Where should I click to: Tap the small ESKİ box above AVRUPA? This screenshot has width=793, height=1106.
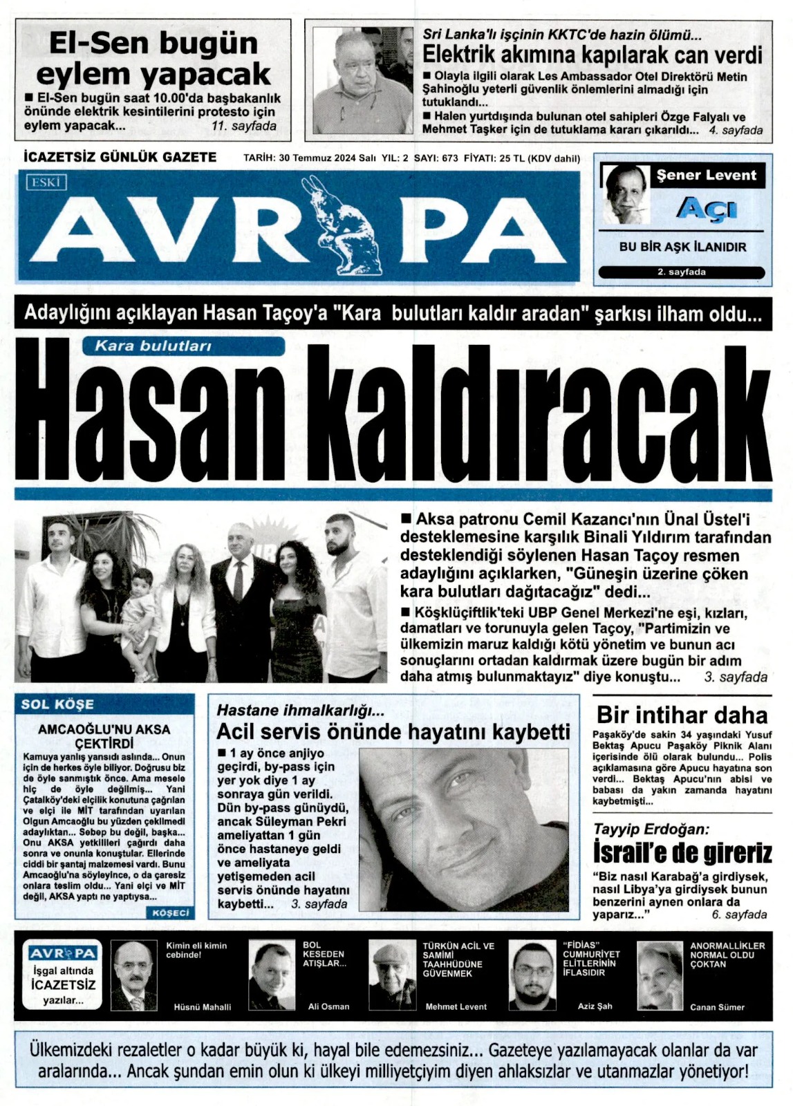48,182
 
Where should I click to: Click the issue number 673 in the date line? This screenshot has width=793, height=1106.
450,158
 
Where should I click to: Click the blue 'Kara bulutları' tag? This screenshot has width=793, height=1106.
153,346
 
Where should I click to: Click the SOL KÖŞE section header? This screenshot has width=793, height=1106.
57,704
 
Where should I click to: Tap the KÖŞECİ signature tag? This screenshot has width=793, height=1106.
169,912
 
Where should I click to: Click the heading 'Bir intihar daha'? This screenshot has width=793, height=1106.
682,715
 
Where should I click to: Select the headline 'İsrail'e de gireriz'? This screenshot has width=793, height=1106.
682,853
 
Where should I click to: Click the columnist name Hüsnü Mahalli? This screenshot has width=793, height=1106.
202,1006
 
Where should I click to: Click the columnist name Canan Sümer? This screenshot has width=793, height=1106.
717,1007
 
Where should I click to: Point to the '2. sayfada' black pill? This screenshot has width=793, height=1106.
681,272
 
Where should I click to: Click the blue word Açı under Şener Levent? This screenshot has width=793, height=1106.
706,208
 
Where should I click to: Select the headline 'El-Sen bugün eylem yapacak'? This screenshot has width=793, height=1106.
153,58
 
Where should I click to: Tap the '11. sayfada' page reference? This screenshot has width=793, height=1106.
244,126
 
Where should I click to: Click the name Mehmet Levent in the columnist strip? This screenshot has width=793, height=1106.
456,1006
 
